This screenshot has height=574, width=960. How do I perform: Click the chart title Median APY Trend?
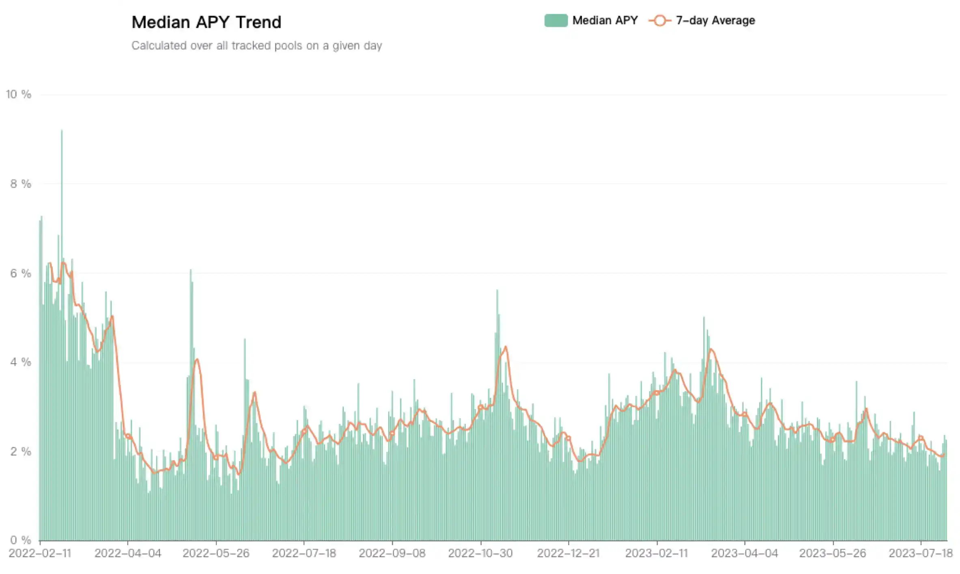206,22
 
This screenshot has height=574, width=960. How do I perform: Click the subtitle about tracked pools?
256,45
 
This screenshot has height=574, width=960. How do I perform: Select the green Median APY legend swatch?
555,20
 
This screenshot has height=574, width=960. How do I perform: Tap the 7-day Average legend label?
715,20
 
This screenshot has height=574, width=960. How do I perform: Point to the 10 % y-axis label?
18,95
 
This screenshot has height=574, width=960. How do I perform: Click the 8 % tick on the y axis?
20,184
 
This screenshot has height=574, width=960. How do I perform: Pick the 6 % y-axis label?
20,273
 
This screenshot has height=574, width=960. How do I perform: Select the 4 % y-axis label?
20,362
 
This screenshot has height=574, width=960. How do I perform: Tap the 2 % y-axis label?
20,451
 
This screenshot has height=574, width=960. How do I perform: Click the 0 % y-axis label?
20,540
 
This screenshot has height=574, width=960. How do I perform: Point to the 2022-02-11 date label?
40,553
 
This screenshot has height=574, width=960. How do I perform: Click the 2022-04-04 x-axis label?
128,553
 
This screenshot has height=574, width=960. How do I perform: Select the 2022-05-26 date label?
216,553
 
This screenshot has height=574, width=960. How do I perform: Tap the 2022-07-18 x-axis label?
304,553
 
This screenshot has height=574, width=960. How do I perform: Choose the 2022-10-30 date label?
480,553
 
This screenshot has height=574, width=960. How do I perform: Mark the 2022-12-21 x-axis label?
568,553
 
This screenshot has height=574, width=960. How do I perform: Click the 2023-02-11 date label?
657,553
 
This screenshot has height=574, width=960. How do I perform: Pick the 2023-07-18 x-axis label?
920,553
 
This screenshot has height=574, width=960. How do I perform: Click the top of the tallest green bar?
62,131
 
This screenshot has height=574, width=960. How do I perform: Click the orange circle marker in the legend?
660,20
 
